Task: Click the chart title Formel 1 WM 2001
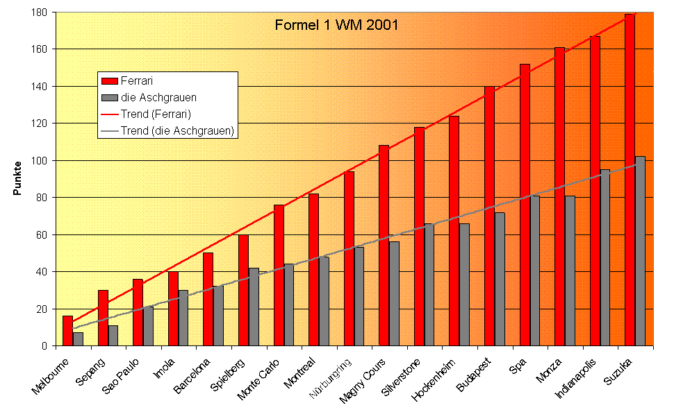(x=336, y=26)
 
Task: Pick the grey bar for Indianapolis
(x=605, y=257)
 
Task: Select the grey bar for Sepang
(x=113, y=336)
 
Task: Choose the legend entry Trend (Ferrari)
(x=156, y=113)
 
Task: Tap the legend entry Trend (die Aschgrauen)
(x=176, y=130)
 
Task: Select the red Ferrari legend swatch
(x=109, y=81)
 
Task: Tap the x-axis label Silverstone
(x=401, y=379)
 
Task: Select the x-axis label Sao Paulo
(x=121, y=378)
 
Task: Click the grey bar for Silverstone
(x=429, y=284)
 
